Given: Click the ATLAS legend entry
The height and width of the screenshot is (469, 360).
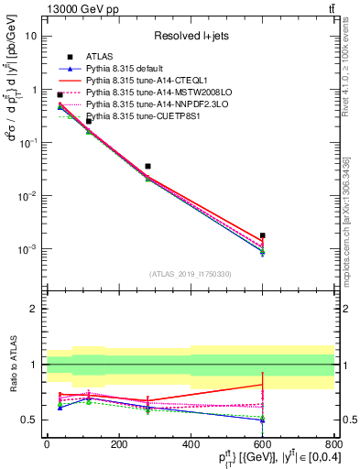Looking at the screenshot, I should [100, 57].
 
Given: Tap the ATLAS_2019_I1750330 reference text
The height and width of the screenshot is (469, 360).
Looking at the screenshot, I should [190, 274].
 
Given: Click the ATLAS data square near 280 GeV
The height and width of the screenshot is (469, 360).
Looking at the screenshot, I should [147, 167].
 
